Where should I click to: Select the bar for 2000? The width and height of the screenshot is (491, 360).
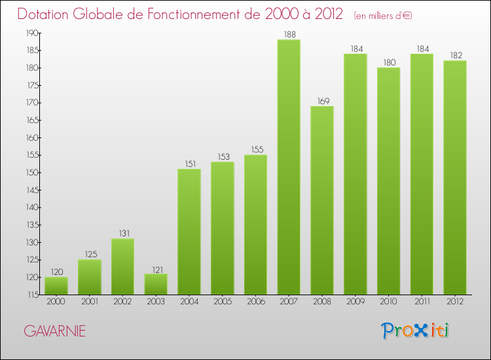56,285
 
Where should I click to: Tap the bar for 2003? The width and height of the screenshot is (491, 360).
156,284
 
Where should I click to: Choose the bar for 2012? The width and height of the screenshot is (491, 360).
455,177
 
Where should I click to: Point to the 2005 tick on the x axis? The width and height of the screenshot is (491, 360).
222,302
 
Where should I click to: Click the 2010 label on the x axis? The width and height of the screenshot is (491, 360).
388,302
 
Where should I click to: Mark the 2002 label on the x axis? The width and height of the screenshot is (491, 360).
122,302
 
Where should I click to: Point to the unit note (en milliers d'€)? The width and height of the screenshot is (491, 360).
383,16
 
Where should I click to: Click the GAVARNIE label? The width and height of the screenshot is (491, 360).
54,331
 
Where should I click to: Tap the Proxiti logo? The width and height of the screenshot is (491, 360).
416,331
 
